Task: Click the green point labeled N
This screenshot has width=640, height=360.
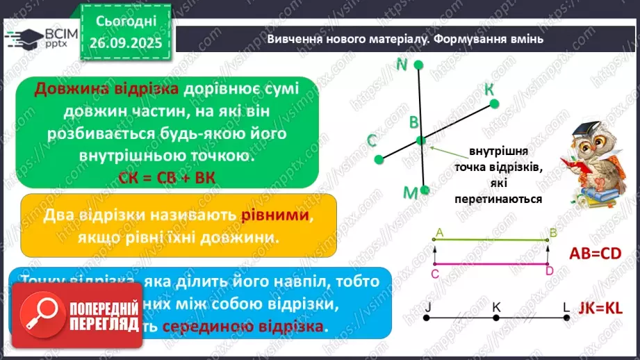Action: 418,65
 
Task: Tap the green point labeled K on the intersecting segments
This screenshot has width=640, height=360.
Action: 494,104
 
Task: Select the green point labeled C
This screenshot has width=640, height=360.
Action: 379,159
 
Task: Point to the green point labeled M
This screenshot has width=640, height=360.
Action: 425,189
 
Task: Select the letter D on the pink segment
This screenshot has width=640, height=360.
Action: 549,272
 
